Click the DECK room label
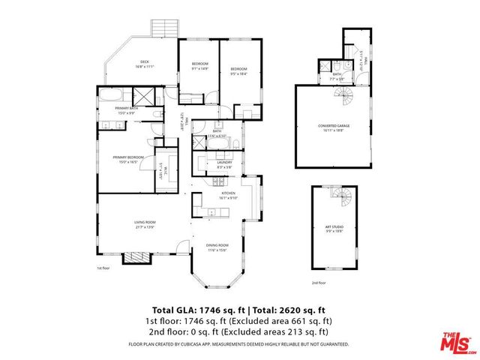pyautogui.click(x=142, y=64)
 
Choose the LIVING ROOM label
pyautogui.click(x=145, y=223)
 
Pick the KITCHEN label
pyautogui.click(x=228, y=195)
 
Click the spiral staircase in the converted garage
pyautogui.click(x=343, y=95)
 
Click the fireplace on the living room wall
pyautogui.click(x=137, y=257)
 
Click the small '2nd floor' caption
pyautogui.click(x=319, y=283)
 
